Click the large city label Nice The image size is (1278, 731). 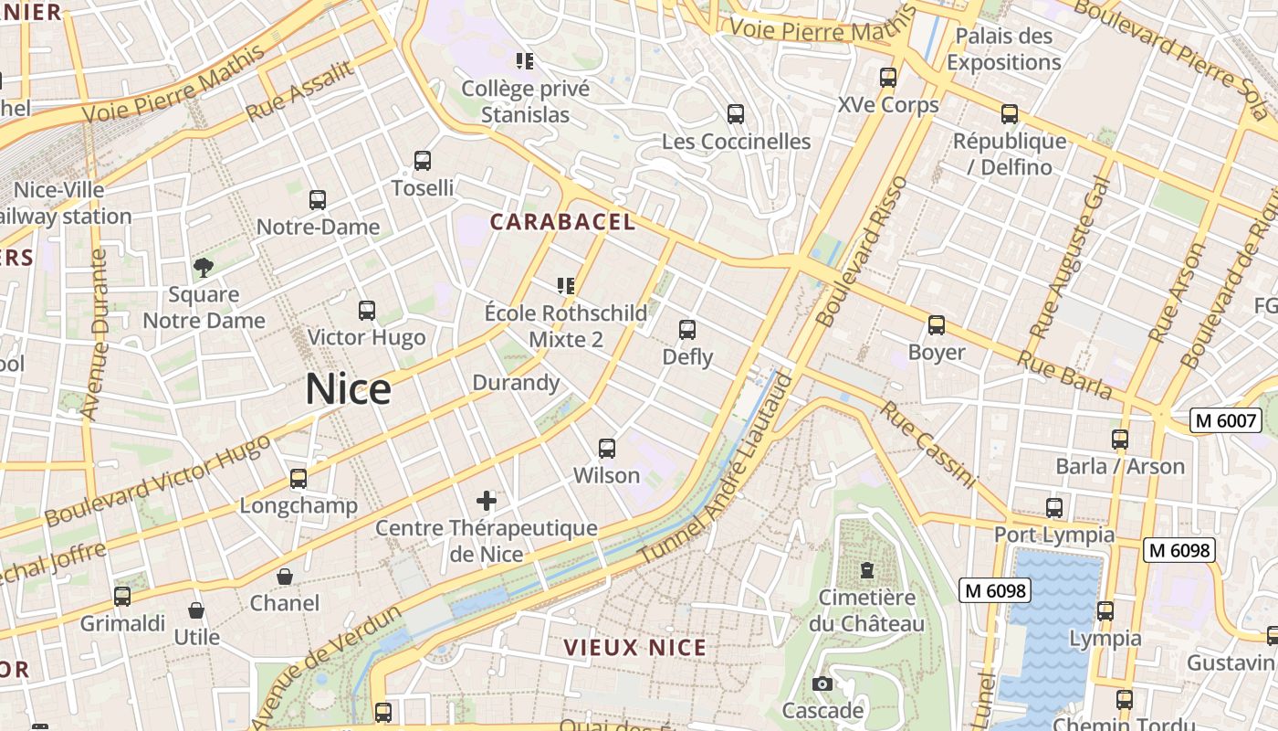(348, 389)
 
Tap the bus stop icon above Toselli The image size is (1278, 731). (422, 161)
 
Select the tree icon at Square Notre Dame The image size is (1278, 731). (204, 267)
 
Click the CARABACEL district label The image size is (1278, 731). (562, 222)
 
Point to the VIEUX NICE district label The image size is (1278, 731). (634, 648)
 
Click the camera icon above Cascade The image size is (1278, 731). (822, 683)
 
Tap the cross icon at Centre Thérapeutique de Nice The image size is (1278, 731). (487, 500)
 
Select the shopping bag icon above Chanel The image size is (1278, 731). (285, 577)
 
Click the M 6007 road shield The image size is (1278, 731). (1226, 420)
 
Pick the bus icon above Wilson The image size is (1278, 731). (606, 448)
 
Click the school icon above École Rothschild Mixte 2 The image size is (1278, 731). (565, 286)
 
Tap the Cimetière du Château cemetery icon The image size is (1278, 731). (866, 571)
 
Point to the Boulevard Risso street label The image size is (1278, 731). (862, 251)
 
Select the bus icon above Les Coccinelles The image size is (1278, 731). (735, 114)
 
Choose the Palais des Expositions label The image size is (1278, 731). (1003, 49)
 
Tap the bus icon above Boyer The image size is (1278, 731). (936, 325)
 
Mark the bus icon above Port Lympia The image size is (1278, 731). (1053, 507)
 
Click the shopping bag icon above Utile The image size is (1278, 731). (196, 610)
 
